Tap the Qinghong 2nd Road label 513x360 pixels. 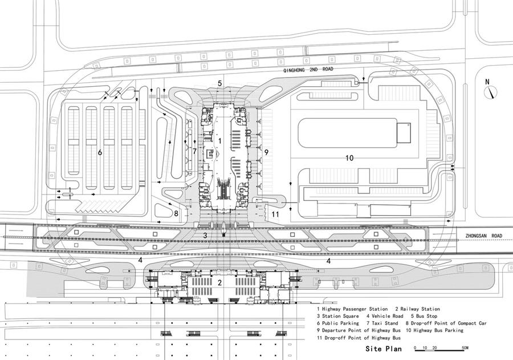pos(308,69)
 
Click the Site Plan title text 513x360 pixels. pos(384,348)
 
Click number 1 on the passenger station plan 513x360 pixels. pos(220,140)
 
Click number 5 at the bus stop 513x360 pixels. pos(219,83)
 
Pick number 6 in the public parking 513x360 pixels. pos(100,152)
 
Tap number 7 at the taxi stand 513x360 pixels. pos(194,151)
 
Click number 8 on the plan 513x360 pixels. pos(176,213)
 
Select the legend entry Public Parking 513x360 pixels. pos(339,323)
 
